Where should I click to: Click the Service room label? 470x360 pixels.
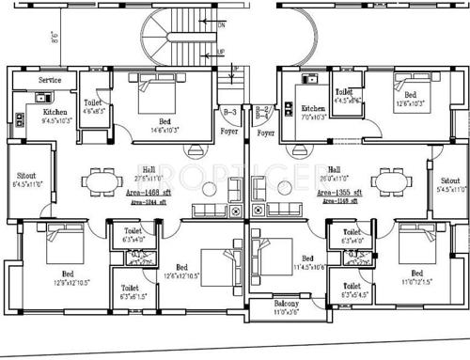click(x=50, y=81)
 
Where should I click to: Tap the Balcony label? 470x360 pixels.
click(x=287, y=305)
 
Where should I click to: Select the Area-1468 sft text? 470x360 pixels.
click(x=135, y=191)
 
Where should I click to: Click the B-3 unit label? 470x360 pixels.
click(x=229, y=112)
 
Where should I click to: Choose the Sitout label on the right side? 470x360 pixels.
click(x=451, y=180)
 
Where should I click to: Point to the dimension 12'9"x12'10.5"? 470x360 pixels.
click(x=58, y=281)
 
